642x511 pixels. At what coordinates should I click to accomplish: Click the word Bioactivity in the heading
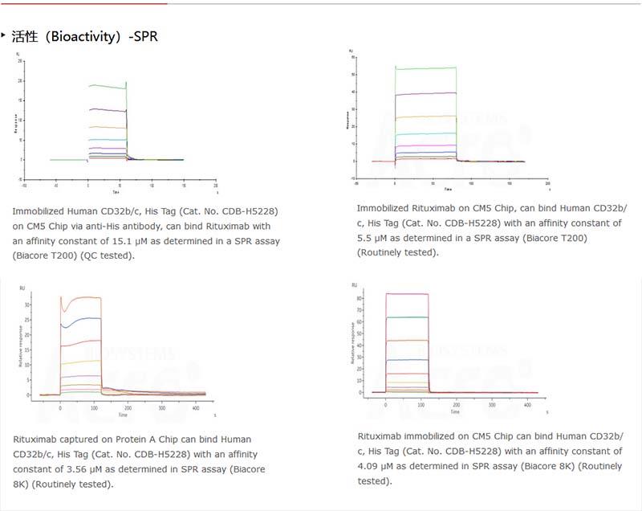pyautogui.click(x=80, y=36)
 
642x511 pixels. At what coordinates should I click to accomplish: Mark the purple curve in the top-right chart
pyautogui.click(x=425, y=93)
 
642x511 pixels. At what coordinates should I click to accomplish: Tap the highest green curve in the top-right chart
pyautogui.click(x=425, y=68)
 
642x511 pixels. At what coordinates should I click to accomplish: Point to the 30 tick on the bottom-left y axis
pyautogui.click(x=28, y=305)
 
